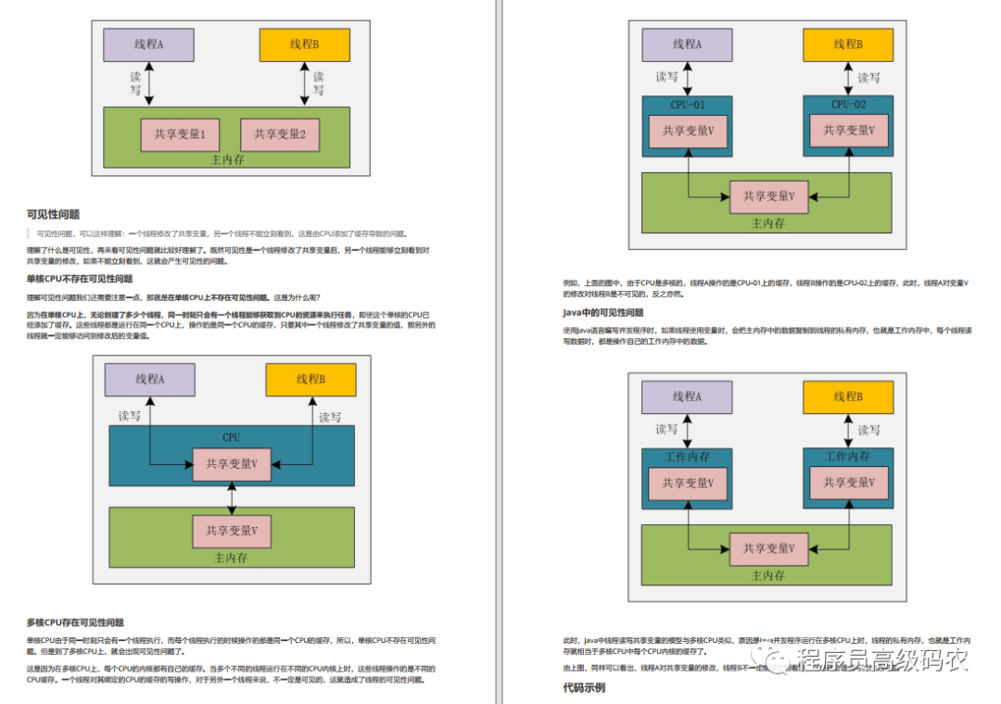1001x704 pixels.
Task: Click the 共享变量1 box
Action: coord(180,134)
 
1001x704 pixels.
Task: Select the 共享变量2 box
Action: coord(279,134)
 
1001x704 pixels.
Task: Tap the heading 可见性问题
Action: coord(53,215)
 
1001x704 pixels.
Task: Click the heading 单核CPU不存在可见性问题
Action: coord(80,278)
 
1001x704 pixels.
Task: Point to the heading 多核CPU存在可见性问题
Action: coord(75,622)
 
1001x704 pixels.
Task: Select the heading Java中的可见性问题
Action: coord(603,313)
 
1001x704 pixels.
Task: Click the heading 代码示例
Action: coord(584,687)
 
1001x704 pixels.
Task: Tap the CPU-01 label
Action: coord(687,105)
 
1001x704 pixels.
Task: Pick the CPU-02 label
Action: coord(848,105)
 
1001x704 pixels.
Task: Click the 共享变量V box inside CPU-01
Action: coord(687,131)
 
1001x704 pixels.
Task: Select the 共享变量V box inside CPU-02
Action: coord(848,130)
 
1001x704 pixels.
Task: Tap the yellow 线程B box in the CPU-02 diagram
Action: coord(848,44)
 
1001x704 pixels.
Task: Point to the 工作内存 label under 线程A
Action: coord(687,457)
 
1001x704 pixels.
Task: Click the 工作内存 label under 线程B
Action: coord(848,457)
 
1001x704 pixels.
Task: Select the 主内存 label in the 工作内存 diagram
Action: coord(767,575)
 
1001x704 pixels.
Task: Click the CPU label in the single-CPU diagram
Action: coord(231,437)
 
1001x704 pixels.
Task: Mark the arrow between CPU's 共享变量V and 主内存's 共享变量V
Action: coord(231,497)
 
